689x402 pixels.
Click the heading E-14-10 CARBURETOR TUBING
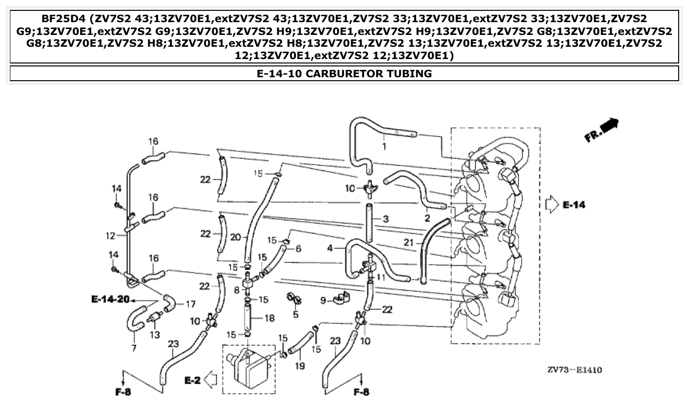[344, 74]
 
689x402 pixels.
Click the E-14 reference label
[574, 204]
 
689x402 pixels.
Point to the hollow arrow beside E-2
[211, 379]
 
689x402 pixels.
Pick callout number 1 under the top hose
[384, 146]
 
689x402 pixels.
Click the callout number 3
[386, 218]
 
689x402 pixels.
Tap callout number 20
[236, 237]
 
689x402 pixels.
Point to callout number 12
[110, 236]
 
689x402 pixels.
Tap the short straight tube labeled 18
[248, 318]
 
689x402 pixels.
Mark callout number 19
[299, 366]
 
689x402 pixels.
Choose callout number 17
[190, 305]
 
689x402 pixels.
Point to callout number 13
[154, 335]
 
